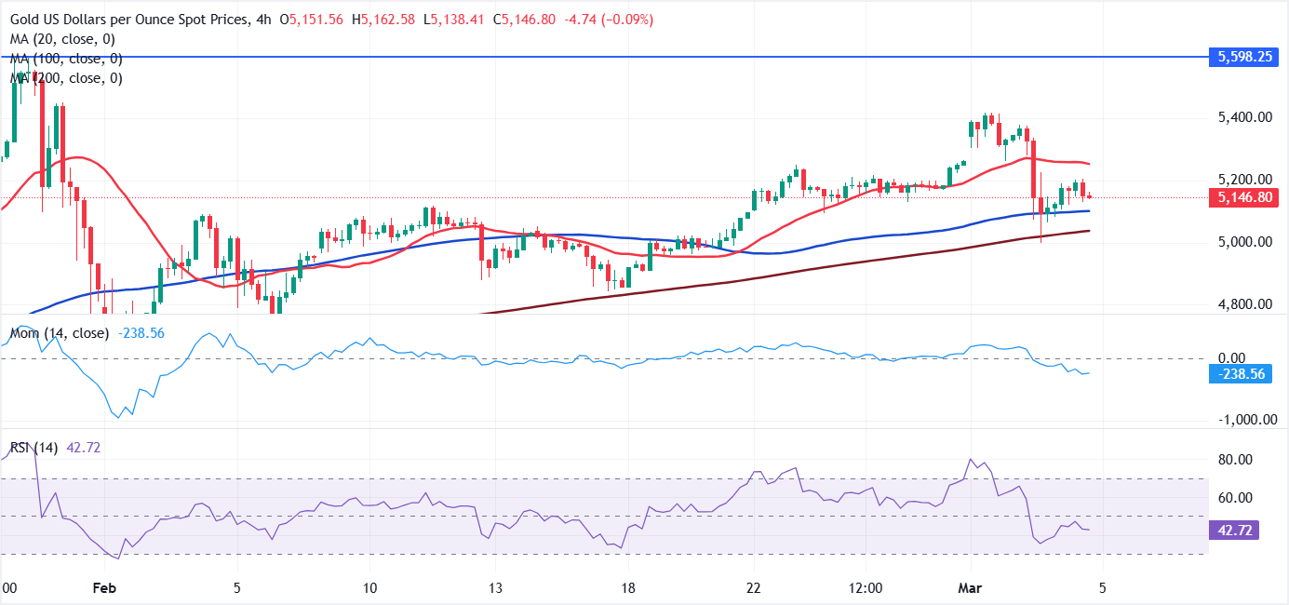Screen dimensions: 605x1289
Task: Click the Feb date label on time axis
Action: pos(105,588)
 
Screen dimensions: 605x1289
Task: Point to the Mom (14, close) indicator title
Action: pos(59,332)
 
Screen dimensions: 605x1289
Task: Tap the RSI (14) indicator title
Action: pos(34,448)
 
